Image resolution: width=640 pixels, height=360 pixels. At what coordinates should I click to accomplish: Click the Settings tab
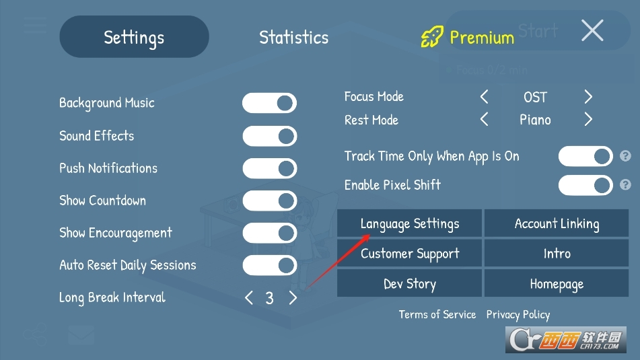click(x=135, y=37)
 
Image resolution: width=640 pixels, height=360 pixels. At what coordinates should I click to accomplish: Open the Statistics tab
click(x=294, y=38)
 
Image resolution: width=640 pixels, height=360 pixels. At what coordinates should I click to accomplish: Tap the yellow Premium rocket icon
click(x=432, y=37)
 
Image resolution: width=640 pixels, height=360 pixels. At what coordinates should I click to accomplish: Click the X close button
click(x=592, y=30)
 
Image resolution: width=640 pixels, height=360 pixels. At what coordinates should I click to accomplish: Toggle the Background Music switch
click(x=269, y=103)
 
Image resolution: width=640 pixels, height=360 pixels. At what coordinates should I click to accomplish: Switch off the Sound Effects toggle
click(x=269, y=136)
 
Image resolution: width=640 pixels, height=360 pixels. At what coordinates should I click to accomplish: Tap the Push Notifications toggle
click(x=269, y=168)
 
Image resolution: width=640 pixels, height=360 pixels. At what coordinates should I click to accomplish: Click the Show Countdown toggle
click(x=269, y=201)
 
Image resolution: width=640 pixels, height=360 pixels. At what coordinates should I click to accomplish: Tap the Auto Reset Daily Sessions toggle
click(x=269, y=265)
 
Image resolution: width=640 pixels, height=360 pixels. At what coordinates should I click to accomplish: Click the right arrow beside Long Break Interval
click(x=293, y=297)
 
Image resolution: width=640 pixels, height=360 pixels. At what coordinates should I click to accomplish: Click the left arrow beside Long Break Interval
click(x=249, y=297)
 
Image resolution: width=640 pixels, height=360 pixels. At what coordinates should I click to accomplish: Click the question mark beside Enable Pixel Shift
click(x=625, y=184)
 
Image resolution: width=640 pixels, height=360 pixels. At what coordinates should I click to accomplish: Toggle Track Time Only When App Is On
click(x=585, y=156)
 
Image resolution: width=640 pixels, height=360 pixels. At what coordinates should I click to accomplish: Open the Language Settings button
click(x=409, y=223)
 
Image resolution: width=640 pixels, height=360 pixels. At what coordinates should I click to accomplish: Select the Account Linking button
click(x=557, y=223)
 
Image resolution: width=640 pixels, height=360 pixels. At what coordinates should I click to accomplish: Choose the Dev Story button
click(x=409, y=284)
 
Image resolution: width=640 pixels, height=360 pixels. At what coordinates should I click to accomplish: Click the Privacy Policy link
click(x=518, y=314)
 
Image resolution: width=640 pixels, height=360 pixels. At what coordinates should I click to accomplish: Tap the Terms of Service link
click(x=437, y=314)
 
